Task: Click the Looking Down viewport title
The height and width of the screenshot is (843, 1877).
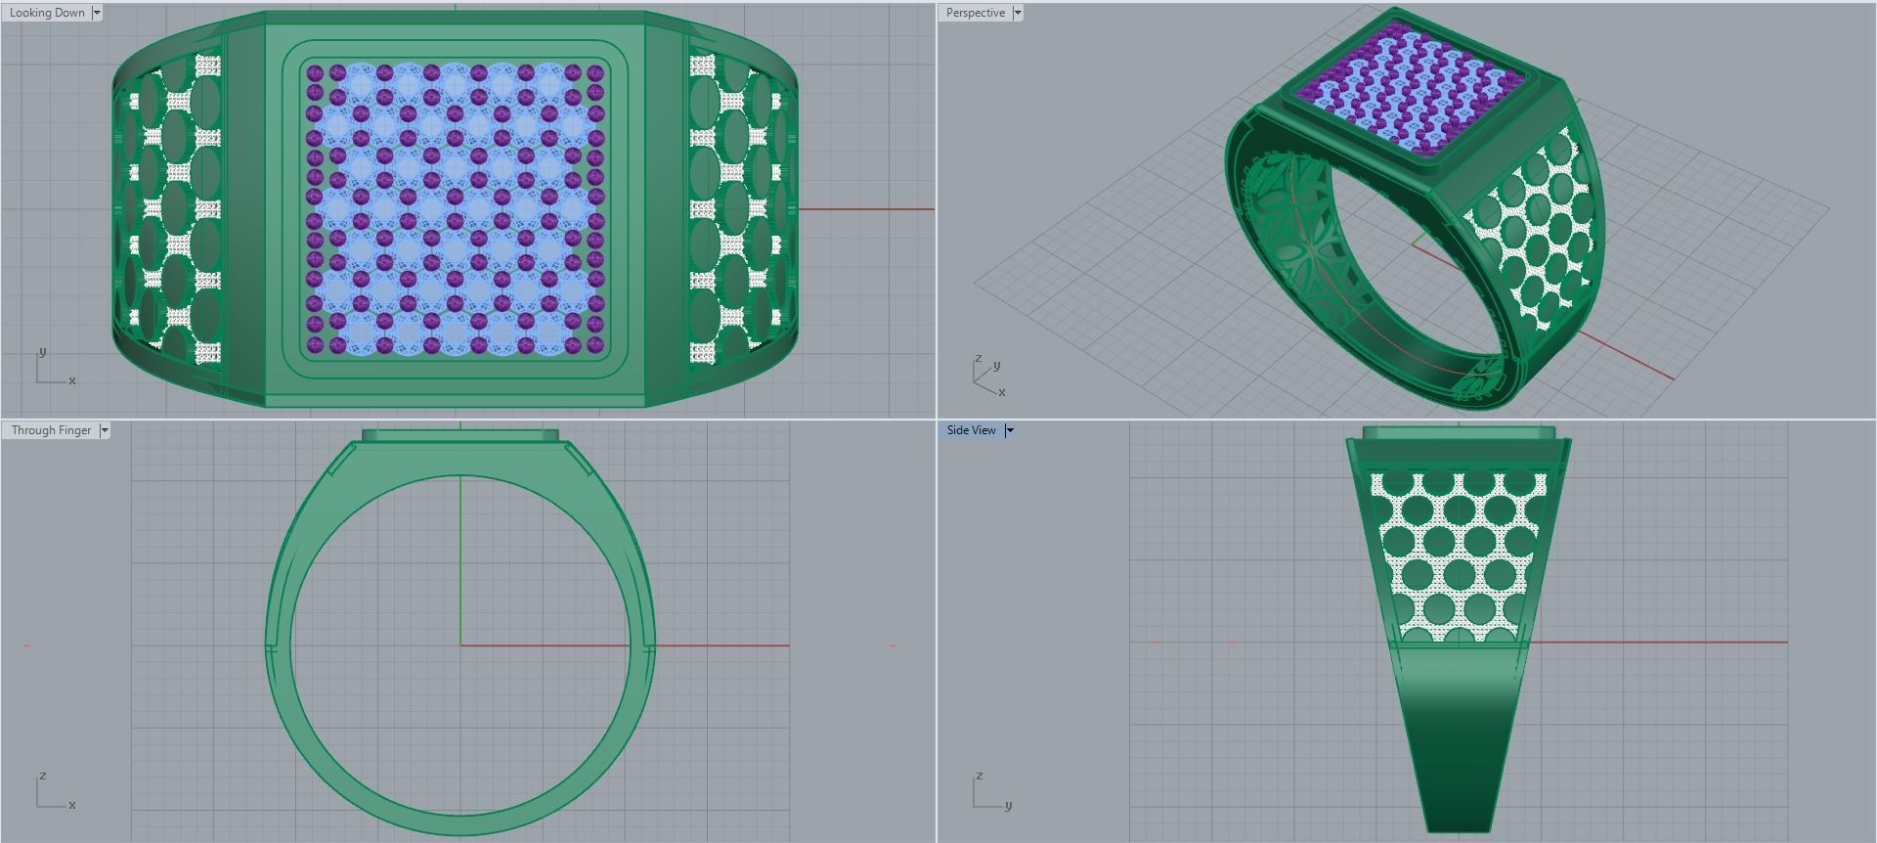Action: pyautogui.click(x=47, y=13)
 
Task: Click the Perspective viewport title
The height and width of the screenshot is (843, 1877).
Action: pyautogui.click(x=975, y=13)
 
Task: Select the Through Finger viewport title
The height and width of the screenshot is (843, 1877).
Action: pyautogui.click(x=51, y=430)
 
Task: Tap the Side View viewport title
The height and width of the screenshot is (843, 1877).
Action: pyautogui.click(x=971, y=430)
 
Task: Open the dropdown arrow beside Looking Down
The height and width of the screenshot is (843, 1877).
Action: pyautogui.click(x=97, y=13)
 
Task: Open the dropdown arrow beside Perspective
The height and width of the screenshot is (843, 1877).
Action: pyautogui.click(x=1018, y=13)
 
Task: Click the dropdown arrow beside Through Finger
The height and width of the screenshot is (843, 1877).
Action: pyautogui.click(x=105, y=430)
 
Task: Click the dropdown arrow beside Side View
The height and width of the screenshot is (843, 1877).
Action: pyautogui.click(x=1010, y=430)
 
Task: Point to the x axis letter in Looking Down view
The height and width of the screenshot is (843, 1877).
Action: pyautogui.click(x=71, y=380)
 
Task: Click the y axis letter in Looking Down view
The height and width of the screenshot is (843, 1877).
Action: pyautogui.click(x=41, y=351)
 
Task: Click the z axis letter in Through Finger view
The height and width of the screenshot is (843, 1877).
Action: pyautogui.click(x=42, y=776)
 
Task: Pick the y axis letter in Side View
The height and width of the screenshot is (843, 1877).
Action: pyautogui.click(x=1008, y=805)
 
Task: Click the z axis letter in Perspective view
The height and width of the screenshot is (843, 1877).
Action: pyautogui.click(x=977, y=359)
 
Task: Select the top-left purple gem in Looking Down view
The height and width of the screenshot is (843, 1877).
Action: pyautogui.click(x=315, y=73)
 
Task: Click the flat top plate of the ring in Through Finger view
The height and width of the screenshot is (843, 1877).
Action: pyautogui.click(x=459, y=435)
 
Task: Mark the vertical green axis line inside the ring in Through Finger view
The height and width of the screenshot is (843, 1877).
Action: pyautogui.click(x=460, y=557)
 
